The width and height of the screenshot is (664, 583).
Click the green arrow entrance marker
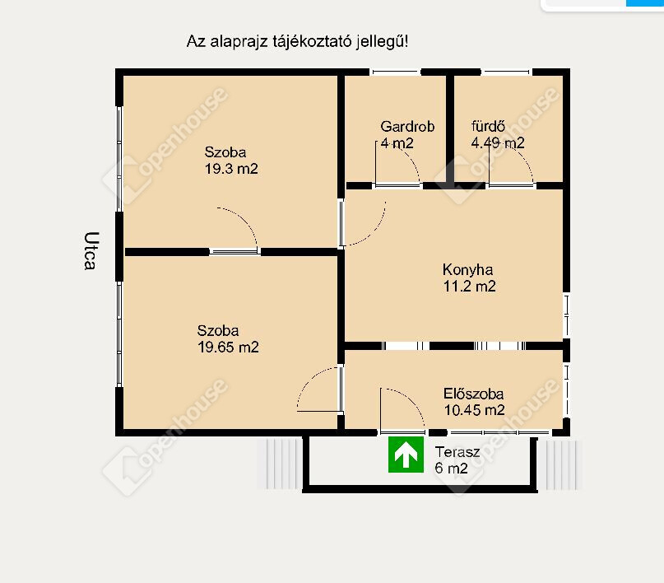tap(406, 455)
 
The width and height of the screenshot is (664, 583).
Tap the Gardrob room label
tap(407, 126)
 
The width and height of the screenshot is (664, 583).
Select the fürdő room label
tap(488, 126)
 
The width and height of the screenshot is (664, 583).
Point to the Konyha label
tap(467, 270)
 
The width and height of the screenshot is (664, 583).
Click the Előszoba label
tap(473, 394)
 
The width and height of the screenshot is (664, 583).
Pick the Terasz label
tap(457, 452)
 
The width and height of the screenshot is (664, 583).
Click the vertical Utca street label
tap(91, 251)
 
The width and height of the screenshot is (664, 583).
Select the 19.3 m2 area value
tap(231, 169)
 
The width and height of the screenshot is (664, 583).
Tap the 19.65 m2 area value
tap(228, 347)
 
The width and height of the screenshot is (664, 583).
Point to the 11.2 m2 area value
tap(469, 286)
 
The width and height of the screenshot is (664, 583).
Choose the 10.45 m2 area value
tap(474, 410)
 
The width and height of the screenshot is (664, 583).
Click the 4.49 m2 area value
tap(498, 142)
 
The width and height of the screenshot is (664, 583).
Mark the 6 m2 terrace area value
tap(451, 469)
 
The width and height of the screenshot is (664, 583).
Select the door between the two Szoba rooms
tap(235, 252)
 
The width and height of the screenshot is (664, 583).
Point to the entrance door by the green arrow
tap(402, 432)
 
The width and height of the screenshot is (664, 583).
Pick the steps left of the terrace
tap(279, 464)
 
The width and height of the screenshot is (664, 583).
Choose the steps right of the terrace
tap(559, 464)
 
